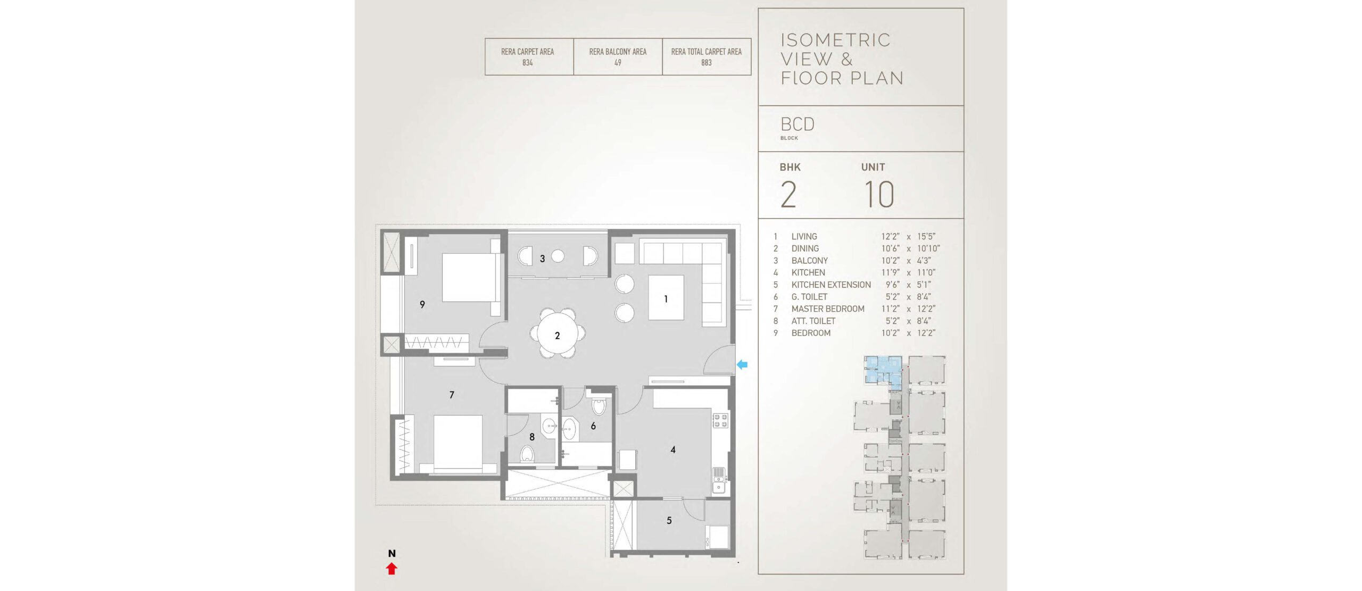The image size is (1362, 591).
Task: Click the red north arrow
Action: (392, 569)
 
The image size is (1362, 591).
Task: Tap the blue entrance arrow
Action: (742, 364)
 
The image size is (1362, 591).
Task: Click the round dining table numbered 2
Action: (557, 335)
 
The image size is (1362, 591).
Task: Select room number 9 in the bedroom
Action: (422, 304)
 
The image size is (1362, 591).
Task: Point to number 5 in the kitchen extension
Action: (669, 520)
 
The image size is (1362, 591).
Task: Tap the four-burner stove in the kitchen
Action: (720, 421)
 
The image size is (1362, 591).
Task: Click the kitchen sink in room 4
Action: (719, 480)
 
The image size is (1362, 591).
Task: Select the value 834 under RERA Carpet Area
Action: (527, 62)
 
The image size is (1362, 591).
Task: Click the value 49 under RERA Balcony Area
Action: (618, 62)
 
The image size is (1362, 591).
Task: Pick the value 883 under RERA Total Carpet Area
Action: (706, 62)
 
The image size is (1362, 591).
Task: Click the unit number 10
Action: (879, 194)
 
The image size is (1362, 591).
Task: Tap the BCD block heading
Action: (797, 124)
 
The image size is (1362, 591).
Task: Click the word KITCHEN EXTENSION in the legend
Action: (831, 285)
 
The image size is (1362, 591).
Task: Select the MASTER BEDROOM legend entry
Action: (828, 309)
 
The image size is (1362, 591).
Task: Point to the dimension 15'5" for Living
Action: (926, 236)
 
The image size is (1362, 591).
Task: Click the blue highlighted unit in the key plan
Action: (883, 370)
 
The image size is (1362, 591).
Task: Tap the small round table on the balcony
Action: (558, 256)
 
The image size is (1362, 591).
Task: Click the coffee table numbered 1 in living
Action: (666, 297)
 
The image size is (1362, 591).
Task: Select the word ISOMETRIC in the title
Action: (835, 40)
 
